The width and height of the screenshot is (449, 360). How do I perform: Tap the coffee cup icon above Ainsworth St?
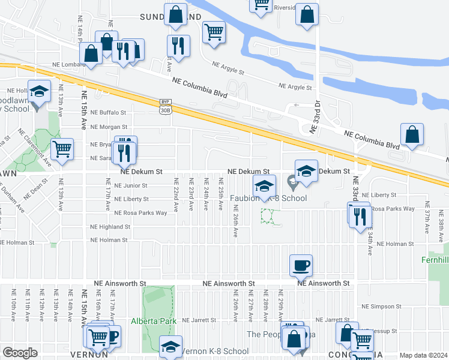(x=300, y=265)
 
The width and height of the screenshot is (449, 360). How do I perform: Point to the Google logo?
(x=20, y=353)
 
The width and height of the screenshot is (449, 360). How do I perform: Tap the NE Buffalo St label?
(x=109, y=112)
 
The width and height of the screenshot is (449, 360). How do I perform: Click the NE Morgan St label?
(x=109, y=127)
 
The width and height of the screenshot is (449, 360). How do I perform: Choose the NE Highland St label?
(x=110, y=227)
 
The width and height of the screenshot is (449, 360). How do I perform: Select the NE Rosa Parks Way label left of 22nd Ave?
(x=140, y=213)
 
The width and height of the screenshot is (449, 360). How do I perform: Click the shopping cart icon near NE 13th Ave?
(x=62, y=150)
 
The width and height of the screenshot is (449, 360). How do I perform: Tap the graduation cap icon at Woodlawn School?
(x=39, y=92)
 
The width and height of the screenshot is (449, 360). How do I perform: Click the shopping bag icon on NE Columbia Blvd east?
(x=412, y=135)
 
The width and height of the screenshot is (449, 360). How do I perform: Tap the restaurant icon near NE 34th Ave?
(x=360, y=217)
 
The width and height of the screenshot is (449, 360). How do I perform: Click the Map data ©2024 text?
(x=423, y=355)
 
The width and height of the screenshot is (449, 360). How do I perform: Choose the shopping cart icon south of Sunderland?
(x=213, y=32)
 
